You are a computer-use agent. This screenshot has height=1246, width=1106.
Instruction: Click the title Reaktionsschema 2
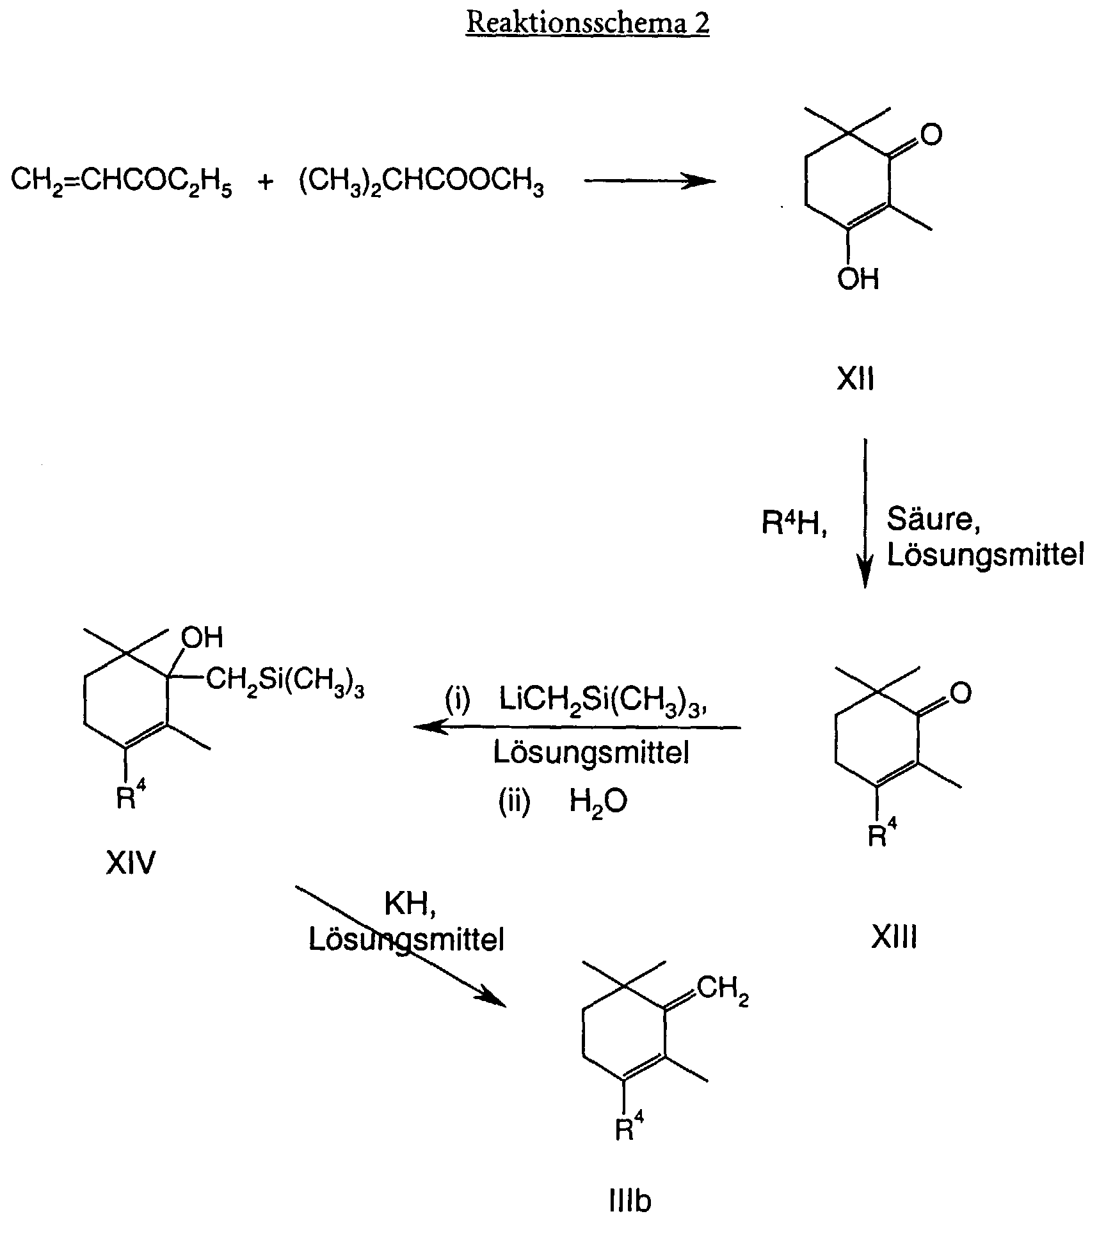588,23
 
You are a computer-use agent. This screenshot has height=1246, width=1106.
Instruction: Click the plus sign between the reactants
265,182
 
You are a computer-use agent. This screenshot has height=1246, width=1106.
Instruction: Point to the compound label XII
856,380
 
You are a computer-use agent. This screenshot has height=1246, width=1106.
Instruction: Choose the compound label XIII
894,938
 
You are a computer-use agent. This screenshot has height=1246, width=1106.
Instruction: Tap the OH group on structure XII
858,280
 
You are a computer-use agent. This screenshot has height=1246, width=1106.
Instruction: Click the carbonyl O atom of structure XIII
961,693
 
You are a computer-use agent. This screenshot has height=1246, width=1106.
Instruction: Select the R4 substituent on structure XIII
883,833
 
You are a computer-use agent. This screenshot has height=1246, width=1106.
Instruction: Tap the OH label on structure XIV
202,637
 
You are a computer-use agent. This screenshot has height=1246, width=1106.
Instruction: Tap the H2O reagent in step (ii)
598,801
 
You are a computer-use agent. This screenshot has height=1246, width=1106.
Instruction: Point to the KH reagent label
410,904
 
